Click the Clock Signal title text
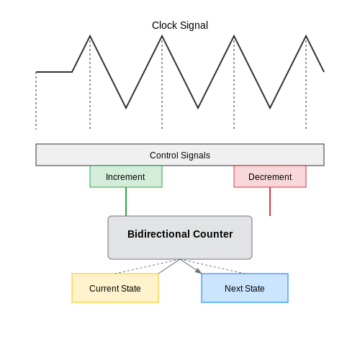(x=180, y=25)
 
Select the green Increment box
(x=126, y=176)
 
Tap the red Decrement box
(x=270, y=176)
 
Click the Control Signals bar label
(x=180, y=156)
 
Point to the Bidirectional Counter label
(x=180, y=234)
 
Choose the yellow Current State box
(x=115, y=288)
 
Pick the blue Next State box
(x=245, y=288)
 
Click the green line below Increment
(x=126, y=202)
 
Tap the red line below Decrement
(x=270, y=202)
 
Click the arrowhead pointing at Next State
(x=199, y=271)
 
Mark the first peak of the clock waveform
(x=90, y=36)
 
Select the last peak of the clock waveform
(x=306, y=36)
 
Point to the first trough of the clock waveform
(x=126, y=108)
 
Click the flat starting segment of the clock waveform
(x=54, y=72)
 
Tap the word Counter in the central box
(x=212, y=234)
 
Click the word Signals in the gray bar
(x=195, y=156)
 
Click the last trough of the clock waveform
(x=270, y=108)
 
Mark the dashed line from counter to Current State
(x=148, y=266)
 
